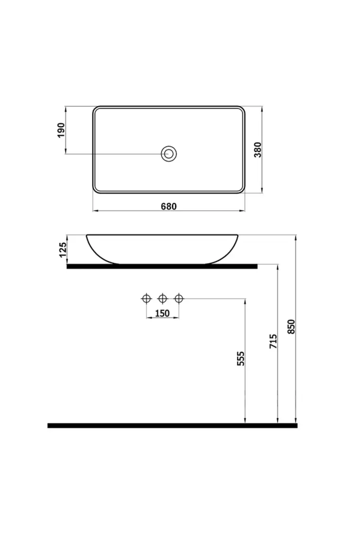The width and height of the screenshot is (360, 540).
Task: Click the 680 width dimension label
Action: [x=169, y=206]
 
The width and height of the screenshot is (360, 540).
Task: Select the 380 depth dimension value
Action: [x=258, y=150]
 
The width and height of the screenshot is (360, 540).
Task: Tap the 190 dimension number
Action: [x=61, y=130]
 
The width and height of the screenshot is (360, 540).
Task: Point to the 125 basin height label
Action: [x=63, y=250]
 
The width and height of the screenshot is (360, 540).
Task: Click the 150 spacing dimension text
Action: [x=162, y=313]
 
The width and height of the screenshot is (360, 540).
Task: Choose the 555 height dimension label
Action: [x=240, y=359]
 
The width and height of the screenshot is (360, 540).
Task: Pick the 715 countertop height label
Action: [x=273, y=341]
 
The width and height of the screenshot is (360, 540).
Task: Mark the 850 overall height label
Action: [x=291, y=326]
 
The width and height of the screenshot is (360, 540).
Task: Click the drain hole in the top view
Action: [x=169, y=153]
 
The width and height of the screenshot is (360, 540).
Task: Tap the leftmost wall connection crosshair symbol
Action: [x=146, y=298]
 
